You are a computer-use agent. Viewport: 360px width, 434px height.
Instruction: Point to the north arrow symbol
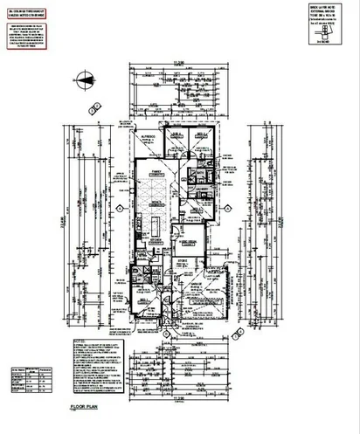click(x=85, y=83)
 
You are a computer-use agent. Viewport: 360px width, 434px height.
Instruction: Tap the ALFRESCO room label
click(x=143, y=138)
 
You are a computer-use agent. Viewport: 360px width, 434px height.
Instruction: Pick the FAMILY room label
click(x=158, y=172)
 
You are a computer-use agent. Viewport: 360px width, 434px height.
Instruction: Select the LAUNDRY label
click(x=199, y=188)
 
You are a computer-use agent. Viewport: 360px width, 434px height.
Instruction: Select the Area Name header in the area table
click(x=17, y=370)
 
